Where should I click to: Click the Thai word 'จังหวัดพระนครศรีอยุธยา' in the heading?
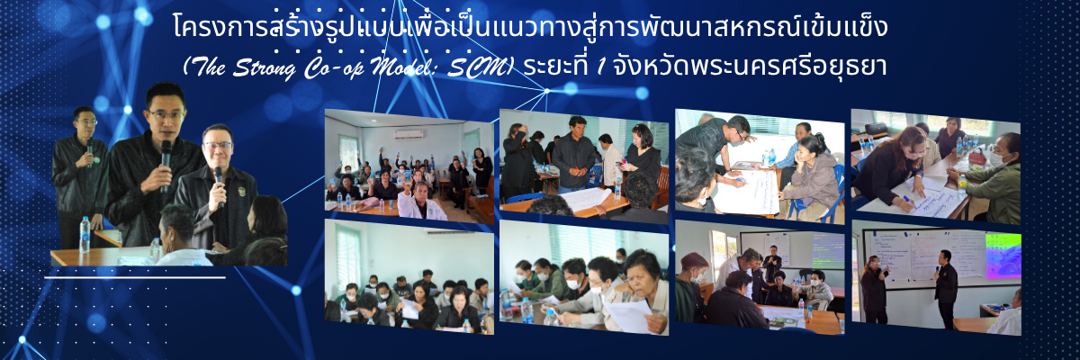pyautogui.click(x=750, y=67)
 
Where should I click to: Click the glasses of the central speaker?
pyautogui.click(x=166, y=114)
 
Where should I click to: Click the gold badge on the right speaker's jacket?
pyautogui.click(x=241, y=192)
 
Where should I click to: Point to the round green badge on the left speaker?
pyautogui.click(x=96, y=159)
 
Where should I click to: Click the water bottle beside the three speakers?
pyautogui.click(x=85, y=234)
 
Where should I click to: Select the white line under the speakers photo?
pyautogui.click(x=135, y=277)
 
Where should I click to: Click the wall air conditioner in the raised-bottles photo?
pyautogui.click(x=409, y=133)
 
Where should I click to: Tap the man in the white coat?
pyautogui.click(x=420, y=202)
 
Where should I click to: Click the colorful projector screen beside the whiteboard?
pyautogui.click(x=1003, y=256)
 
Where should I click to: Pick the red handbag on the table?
pyautogui.click(x=976, y=157)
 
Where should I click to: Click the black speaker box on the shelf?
pyautogui.click(x=876, y=128)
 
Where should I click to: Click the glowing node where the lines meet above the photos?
pyautogui.click(x=547, y=91)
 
